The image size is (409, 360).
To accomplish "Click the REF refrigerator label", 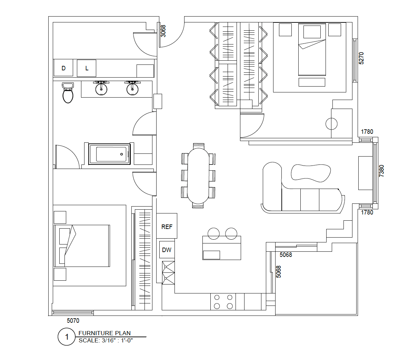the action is point(167,227).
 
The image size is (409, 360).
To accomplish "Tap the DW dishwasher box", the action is point(167,250).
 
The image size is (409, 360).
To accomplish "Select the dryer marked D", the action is point(63,68).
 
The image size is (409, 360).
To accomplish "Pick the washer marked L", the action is point(87,68).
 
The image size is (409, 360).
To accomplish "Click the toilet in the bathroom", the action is point(68,93).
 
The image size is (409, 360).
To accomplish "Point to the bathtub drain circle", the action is point(121,154).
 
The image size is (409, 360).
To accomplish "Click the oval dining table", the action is point(198,176).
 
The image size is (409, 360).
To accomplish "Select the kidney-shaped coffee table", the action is point(311,173).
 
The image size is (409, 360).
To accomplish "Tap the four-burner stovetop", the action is point(223,302).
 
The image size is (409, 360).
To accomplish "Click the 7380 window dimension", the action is point(381,171).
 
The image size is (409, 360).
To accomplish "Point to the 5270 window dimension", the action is point(361,58).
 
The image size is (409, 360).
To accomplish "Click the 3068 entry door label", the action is point(163,31).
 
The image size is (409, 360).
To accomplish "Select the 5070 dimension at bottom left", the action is point(73,321).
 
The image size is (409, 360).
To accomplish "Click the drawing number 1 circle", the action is point(67,337).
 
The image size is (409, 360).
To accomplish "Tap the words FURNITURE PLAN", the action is point(104,333).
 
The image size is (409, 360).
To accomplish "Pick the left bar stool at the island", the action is point(213,233).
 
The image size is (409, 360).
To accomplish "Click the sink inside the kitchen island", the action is point(211,255).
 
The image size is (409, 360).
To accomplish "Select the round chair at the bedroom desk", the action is point(331,124).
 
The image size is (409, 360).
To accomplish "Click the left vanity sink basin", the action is point(101,89).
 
